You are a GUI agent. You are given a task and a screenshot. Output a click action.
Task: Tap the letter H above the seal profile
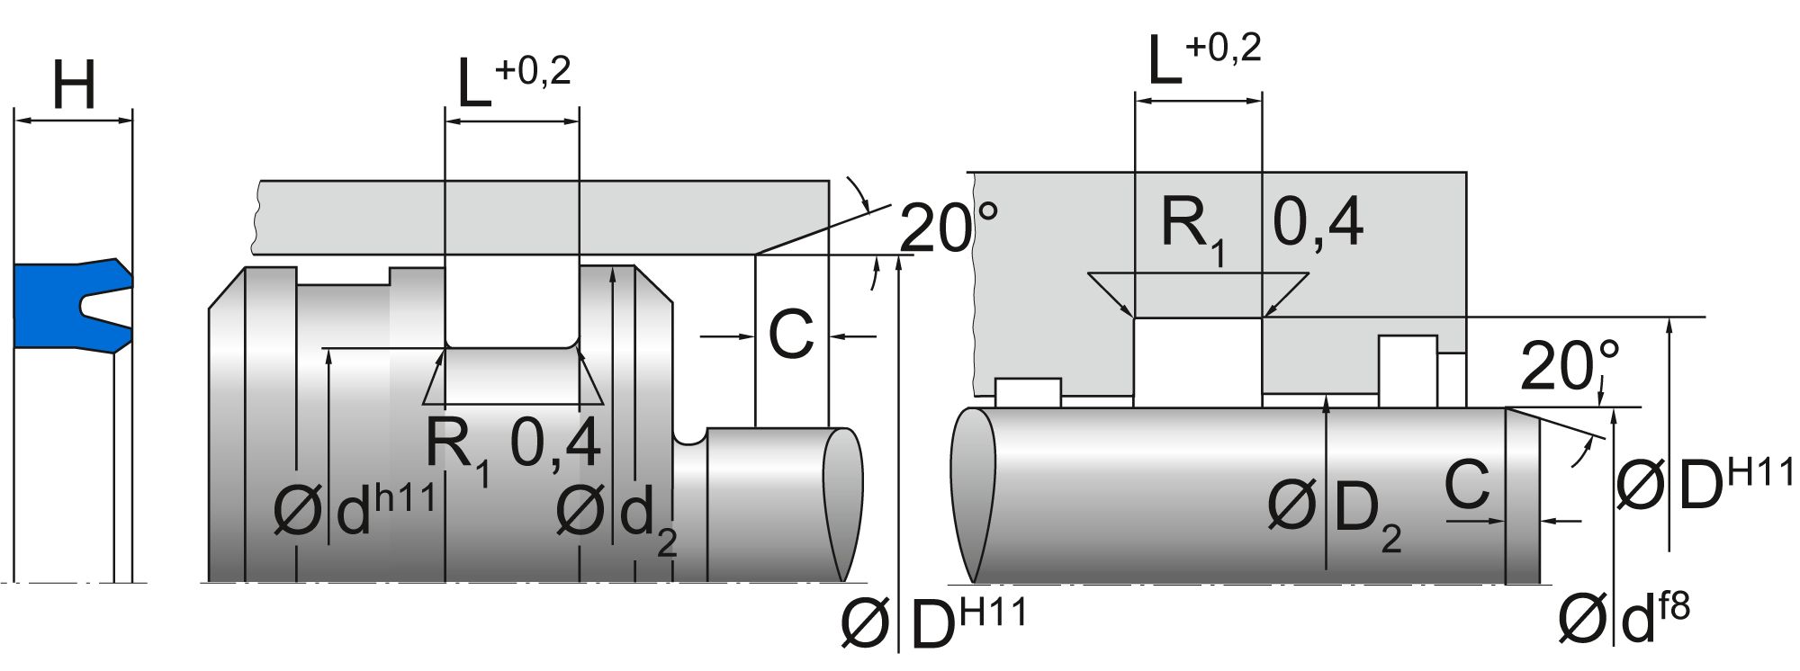(74, 85)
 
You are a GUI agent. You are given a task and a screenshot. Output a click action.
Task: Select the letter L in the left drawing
(474, 86)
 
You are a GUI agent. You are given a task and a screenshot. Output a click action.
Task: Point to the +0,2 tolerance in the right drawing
(1223, 48)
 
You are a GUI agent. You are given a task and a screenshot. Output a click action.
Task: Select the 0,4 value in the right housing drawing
(1318, 221)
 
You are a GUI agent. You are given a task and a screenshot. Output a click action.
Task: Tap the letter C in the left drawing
(790, 335)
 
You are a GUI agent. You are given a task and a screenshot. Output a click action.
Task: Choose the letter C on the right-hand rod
(1467, 484)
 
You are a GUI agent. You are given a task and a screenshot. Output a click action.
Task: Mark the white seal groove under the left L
(511, 306)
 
